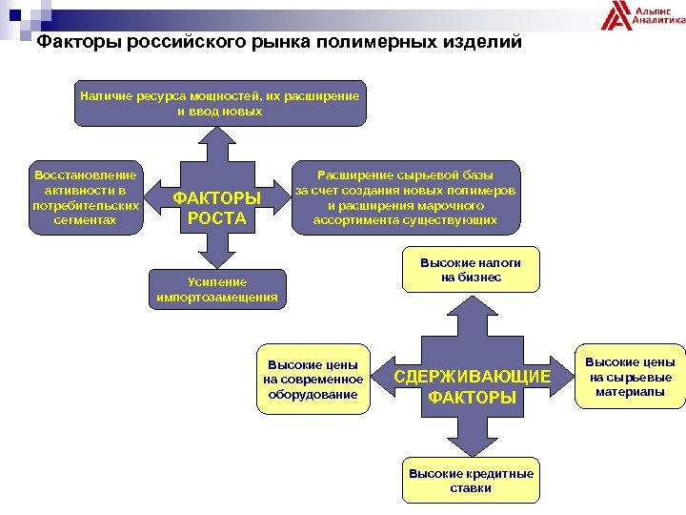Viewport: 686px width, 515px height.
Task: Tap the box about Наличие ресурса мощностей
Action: click(x=219, y=103)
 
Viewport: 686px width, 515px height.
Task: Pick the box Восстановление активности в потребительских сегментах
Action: click(x=85, y=197)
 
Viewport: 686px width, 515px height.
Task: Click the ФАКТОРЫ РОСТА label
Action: click(x=216, y=208)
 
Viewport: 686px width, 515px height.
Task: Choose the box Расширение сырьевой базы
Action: click(x=406, y=197)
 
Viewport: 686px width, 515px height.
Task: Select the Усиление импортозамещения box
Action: click(x=217, y=289)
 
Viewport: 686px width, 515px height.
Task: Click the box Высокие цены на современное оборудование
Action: click(x=313, y=379)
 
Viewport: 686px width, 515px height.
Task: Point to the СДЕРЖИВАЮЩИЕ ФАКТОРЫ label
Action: click(x=473, y=386)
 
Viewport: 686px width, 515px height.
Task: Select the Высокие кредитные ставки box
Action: click(x=471, y=481)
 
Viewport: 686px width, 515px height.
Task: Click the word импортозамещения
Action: click(x=217, y=297)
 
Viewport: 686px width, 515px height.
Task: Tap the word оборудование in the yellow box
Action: click(x=313, y=394)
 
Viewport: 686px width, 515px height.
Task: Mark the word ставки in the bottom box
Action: click(x=471, y=488)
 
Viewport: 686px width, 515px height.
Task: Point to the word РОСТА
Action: click(x=216, y=218)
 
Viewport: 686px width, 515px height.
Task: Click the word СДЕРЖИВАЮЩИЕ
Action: click(x=473, y=377)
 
